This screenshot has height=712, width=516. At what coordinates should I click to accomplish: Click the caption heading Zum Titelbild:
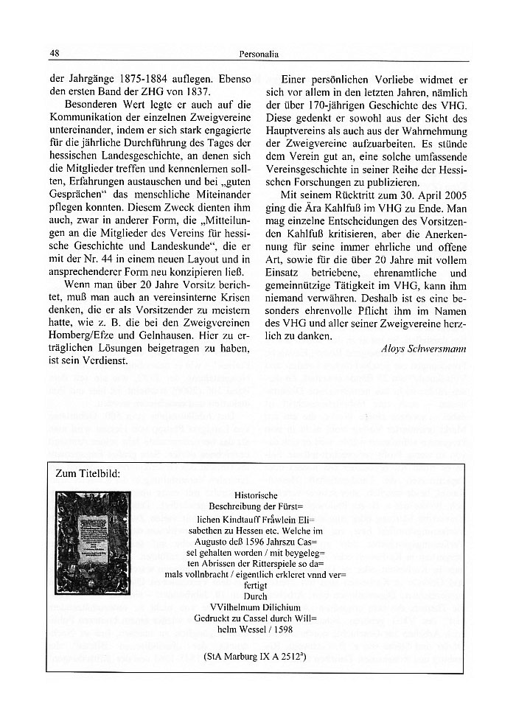(91, 473)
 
